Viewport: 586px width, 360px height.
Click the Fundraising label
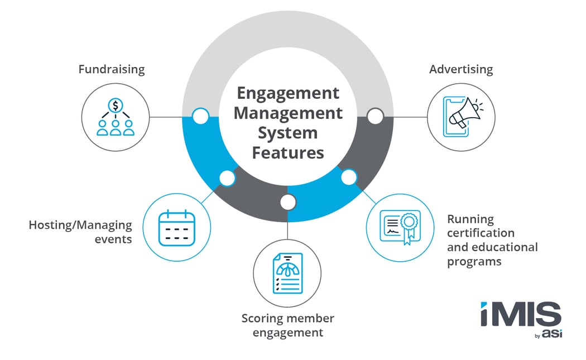click(111, 70)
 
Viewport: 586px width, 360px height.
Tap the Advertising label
click(461, 70)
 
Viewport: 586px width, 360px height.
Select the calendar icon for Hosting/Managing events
click(176, 228)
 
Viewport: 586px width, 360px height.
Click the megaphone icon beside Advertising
click(461, 117)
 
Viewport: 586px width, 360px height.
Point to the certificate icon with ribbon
click(400, 228)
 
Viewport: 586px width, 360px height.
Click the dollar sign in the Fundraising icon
click(116, 104)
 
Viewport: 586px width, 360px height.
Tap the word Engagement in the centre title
click(287, 93)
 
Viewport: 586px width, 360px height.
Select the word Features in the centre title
click(287, 152)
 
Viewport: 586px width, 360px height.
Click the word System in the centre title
click(287, 133)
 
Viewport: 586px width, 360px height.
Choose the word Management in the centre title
click(287, 113)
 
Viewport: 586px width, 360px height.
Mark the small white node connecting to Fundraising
click(200, 117)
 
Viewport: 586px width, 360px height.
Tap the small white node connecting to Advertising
click(375, 117)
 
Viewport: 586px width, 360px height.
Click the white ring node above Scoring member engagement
click(287, 202)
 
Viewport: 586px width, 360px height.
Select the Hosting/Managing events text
click(80, 232)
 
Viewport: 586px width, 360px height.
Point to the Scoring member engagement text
click(287, 325)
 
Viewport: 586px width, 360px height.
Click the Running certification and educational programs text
click(492, 240)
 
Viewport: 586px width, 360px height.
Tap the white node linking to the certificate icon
click(349, 178)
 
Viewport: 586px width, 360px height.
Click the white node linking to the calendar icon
click(227, 178)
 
